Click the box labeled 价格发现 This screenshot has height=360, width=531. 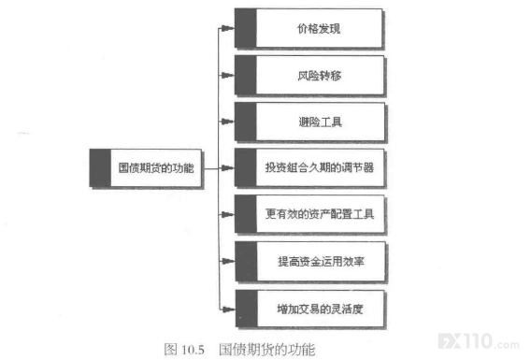click(309, 28)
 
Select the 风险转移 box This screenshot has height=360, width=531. click(309, 75)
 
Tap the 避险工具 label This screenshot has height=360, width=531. click(320, 122)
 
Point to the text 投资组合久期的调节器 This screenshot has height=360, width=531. click(320, 167)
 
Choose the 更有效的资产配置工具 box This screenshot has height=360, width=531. click(310, 214)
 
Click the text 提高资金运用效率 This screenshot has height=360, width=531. click(321, 261)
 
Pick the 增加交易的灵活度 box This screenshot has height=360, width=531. click(311, 309)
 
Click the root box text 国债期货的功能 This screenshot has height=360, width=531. click(156, 167)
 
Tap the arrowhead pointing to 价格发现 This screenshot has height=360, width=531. click(227, 28)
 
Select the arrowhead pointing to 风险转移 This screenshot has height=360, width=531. click(227, 75)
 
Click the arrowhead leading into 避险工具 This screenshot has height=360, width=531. click(227, 122)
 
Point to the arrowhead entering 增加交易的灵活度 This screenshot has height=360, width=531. click(228, 309)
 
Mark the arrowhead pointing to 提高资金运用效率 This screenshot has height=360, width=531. click(228, 261)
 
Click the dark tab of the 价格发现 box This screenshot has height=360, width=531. click(246, 28)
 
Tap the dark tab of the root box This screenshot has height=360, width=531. click(100, 167)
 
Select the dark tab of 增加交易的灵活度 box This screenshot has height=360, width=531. click(247, 309)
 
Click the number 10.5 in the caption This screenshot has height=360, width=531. click(193, 350)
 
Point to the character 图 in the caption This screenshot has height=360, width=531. click(170, 349)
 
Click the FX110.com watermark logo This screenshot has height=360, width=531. click(479, 341)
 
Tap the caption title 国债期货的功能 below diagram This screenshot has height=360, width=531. click(266, 350)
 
